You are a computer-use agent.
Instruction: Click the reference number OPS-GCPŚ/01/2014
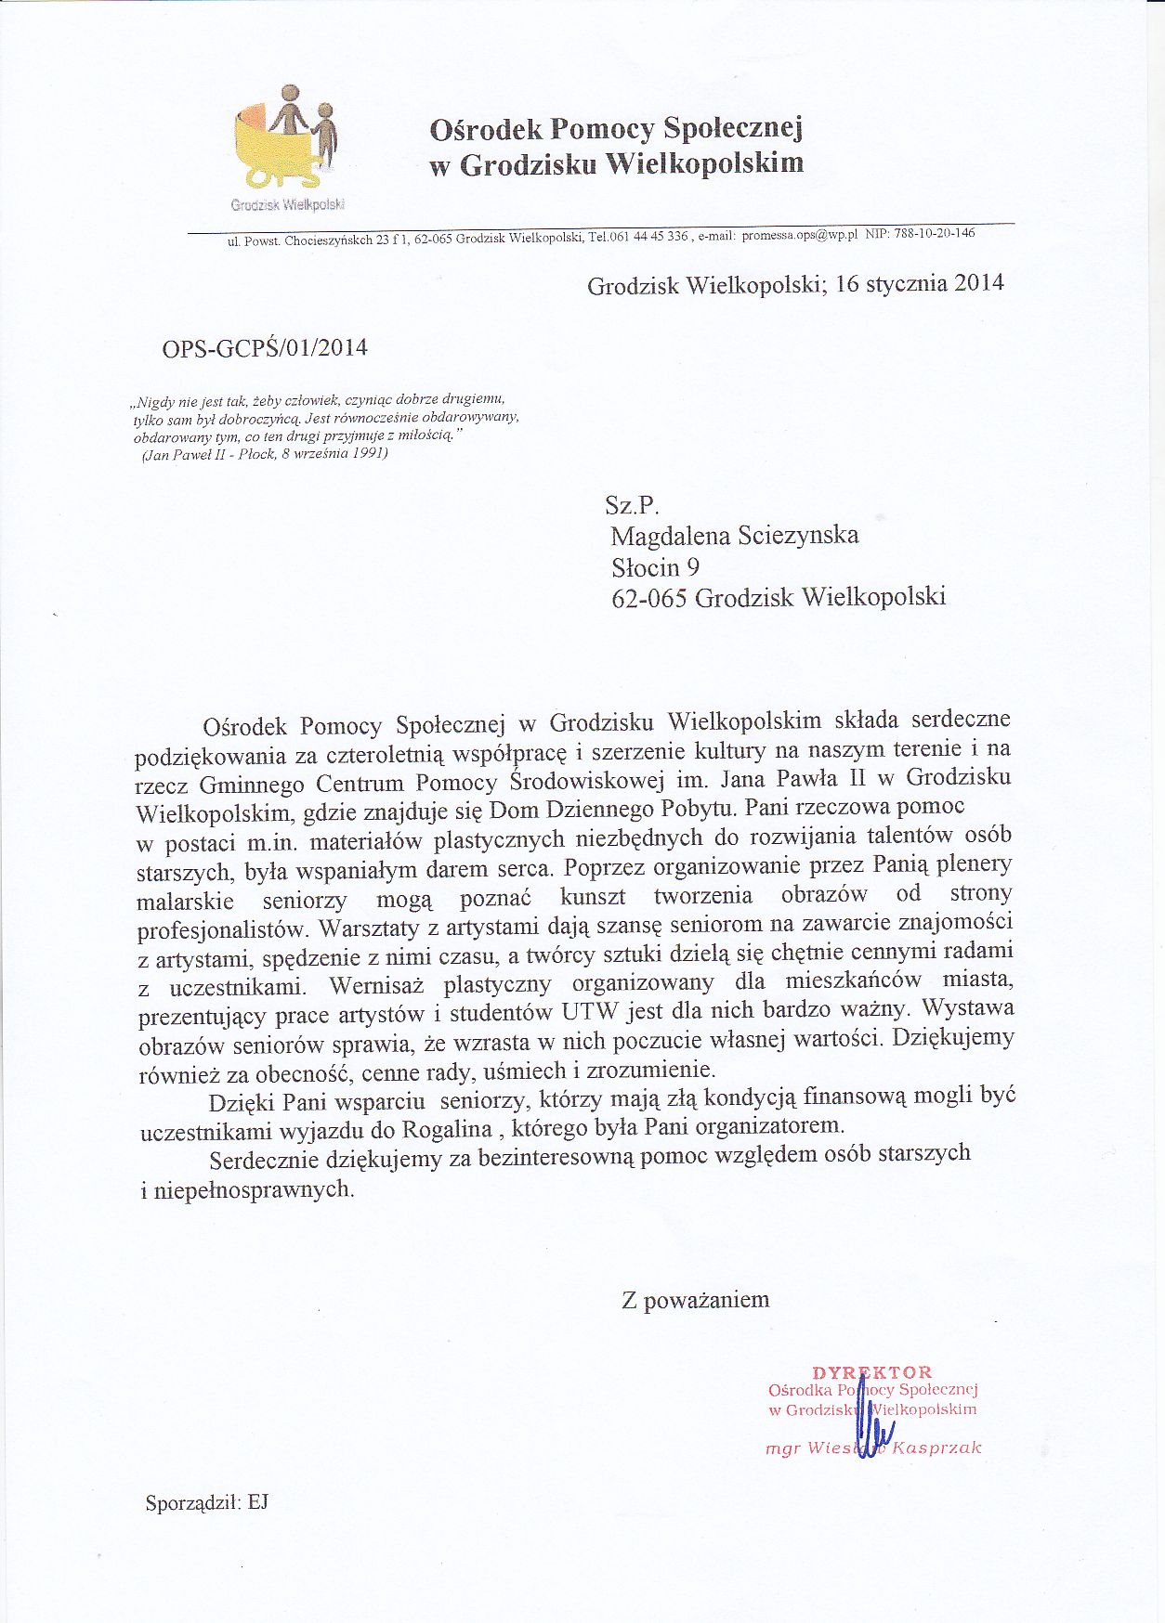(265, 348)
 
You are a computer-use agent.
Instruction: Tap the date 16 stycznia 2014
(919, 283)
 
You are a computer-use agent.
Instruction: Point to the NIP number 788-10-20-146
(934, 233)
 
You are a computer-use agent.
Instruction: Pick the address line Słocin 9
(655, 567)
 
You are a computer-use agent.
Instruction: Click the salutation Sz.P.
(632, 505)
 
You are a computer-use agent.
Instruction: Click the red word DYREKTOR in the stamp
(871, 1372)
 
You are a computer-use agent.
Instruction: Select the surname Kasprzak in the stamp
(936, 1448)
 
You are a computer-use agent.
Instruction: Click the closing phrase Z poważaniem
(695, 1300)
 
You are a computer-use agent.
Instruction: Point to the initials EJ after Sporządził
(257, 1502)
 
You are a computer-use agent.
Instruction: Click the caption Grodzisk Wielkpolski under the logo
(288, 204)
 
